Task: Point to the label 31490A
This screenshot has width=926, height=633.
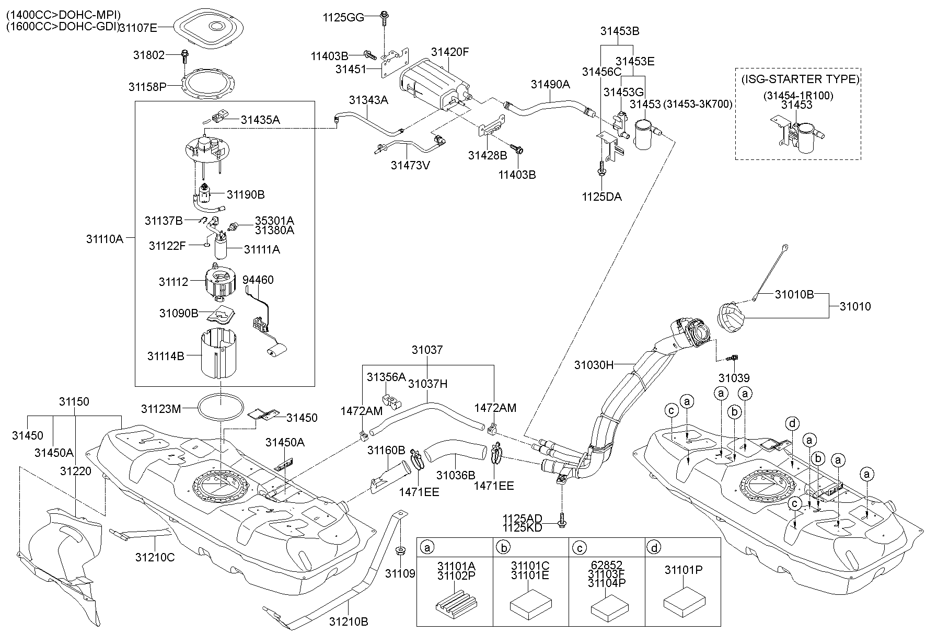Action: [550, 84]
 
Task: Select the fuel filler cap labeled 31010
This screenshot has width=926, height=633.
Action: [731, 317]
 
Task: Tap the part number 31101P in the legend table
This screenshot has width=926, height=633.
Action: [683, 570]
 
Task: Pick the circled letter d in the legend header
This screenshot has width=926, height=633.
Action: [654, 548]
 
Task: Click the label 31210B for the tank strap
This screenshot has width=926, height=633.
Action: [349, 622]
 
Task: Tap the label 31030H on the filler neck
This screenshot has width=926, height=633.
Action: [594, 365]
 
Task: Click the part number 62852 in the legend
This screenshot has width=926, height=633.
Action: [607, 566]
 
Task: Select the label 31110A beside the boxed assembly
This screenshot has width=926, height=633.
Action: [105, 239]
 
